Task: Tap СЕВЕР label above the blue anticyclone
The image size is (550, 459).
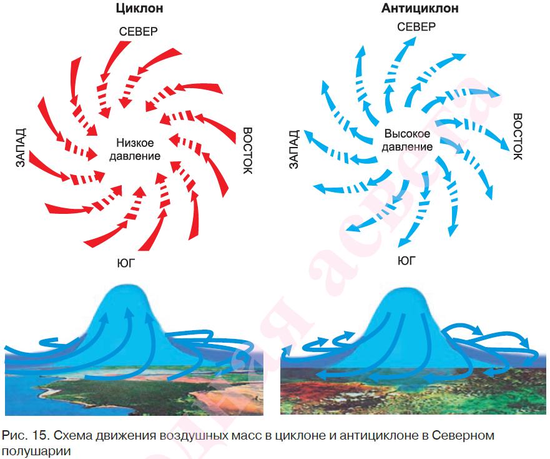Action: click(x=416, y=27)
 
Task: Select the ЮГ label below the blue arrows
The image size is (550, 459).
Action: click(x=406, y=260)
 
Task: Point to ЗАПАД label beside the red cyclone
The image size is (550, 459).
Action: click(x=21, y=149)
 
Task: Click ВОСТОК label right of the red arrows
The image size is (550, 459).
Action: click(x=247, y=151)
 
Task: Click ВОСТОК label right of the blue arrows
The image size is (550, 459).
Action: click(x=518, y=137)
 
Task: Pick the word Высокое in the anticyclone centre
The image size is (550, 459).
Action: click(x=406, y=134)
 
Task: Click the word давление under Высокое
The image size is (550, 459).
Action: click(x=408, y=147)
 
